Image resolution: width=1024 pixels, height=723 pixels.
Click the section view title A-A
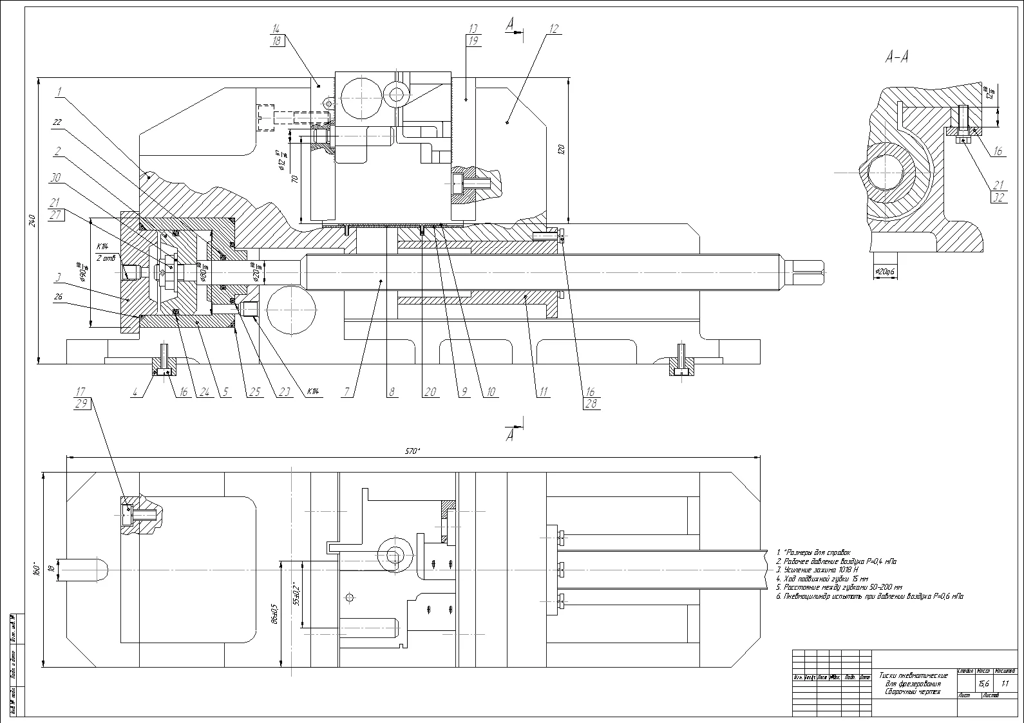pos(896,57)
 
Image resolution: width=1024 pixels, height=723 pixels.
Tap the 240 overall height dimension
pos(31,220)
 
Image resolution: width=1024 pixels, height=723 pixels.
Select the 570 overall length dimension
pos(412,451)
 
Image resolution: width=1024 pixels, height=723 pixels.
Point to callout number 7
pos(348,391)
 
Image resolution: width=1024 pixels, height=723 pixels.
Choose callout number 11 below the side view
pos(544,391)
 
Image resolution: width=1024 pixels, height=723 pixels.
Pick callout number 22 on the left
pos(57,122)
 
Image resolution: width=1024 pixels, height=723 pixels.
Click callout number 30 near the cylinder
pos(57,178)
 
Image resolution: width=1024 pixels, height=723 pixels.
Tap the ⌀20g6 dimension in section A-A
pos(886,272)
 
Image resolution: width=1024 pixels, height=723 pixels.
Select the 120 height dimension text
pos(561,150)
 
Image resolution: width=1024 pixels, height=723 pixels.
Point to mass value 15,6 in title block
pos(983,684)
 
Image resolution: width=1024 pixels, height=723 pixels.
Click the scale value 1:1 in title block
pos(1005,684)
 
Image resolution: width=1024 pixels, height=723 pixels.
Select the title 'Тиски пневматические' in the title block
pos(913,676)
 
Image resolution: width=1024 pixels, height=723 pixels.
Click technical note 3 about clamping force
pos(817,570)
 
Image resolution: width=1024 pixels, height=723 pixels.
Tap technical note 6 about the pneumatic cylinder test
pos(869,597)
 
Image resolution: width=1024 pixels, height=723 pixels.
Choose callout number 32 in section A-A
pos(999,198)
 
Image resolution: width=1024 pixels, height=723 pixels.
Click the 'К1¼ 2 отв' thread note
pos(103,252)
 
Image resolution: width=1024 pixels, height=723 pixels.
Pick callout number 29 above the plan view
pos(81,403)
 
